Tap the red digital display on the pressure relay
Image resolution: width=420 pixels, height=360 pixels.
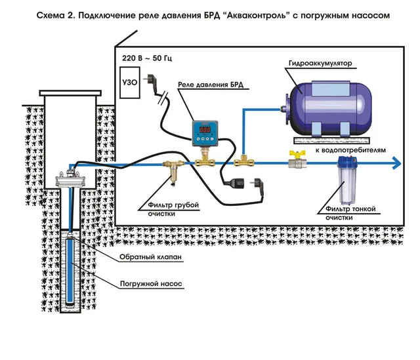coord(205,130)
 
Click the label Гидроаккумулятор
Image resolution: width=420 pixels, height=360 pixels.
coord(320,64)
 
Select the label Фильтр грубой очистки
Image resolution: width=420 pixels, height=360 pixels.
coord(168,209)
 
